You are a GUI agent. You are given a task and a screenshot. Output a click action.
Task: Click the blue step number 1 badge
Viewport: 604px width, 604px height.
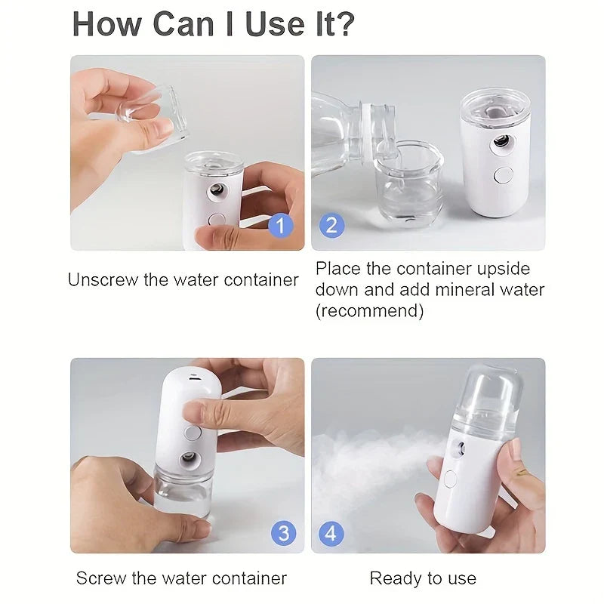281,225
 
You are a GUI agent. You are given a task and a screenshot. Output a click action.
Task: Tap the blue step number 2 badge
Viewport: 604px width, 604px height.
332,225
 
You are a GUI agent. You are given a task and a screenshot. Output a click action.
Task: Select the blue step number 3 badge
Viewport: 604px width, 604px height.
282,533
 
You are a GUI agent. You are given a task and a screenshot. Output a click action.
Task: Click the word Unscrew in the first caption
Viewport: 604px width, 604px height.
102,280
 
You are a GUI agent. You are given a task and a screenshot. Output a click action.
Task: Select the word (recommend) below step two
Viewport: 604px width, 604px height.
369,310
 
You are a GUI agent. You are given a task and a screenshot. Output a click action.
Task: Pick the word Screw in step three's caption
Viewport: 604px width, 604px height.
101,579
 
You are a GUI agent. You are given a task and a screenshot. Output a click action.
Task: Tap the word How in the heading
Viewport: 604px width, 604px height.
105,25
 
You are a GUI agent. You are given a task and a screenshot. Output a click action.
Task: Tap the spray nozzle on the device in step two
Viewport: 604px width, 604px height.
500,141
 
